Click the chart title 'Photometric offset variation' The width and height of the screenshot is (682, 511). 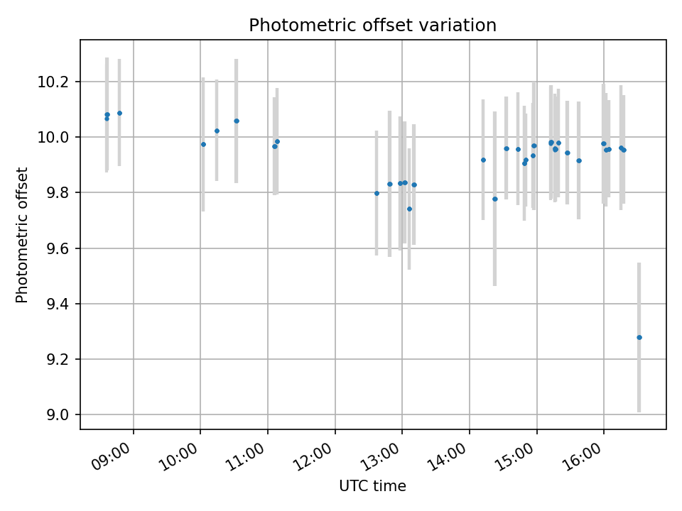[372, 26]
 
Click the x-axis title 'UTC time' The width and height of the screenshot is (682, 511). [372, 486]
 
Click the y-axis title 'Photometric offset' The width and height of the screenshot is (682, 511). [22, 235]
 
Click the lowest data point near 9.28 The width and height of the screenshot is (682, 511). [639, 337]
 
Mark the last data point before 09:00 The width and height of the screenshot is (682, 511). [119, 113]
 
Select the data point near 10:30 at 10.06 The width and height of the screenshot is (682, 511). [237, 121]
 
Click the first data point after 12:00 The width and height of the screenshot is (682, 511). [377, 193]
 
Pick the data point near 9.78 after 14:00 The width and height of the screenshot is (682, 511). [495, 199]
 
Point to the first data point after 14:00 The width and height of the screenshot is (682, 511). [483, 160]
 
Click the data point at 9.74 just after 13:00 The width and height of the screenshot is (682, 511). [409, 209]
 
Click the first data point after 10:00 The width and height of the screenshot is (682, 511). [203, 144]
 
